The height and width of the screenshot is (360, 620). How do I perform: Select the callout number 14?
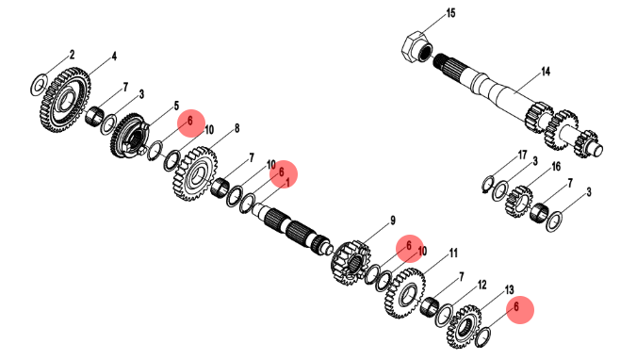coord(546,72)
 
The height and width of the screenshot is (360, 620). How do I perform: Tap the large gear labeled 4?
coord(65,100)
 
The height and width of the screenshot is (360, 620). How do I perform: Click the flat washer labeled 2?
coord(39,84)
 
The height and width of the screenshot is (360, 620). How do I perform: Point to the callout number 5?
coord(176,106)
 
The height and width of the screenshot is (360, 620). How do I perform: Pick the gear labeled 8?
coord(195,173)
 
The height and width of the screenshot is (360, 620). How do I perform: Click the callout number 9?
coord(393,221)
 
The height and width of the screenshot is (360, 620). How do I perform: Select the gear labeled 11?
coord(405,293)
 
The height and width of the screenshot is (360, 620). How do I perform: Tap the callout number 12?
coord(482,286)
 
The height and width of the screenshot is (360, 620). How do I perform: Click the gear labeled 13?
coord(464,326)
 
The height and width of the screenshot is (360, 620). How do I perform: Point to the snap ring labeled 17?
coord(488,184)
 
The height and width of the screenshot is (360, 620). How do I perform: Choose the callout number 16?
coord(556,167)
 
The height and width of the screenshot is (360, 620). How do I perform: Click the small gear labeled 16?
coord(519,201)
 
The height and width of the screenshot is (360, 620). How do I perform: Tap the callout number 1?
coord(287,183)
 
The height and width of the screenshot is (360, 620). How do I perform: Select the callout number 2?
coord(72,55)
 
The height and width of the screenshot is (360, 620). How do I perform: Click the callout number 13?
coord(509,290)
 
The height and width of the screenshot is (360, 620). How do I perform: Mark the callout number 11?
coord(453,253)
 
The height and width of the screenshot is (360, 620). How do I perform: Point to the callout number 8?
coord(237,128)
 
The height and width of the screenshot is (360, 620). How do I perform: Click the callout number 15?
coord(450,13)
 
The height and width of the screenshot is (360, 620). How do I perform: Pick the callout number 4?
coord(114,57)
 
